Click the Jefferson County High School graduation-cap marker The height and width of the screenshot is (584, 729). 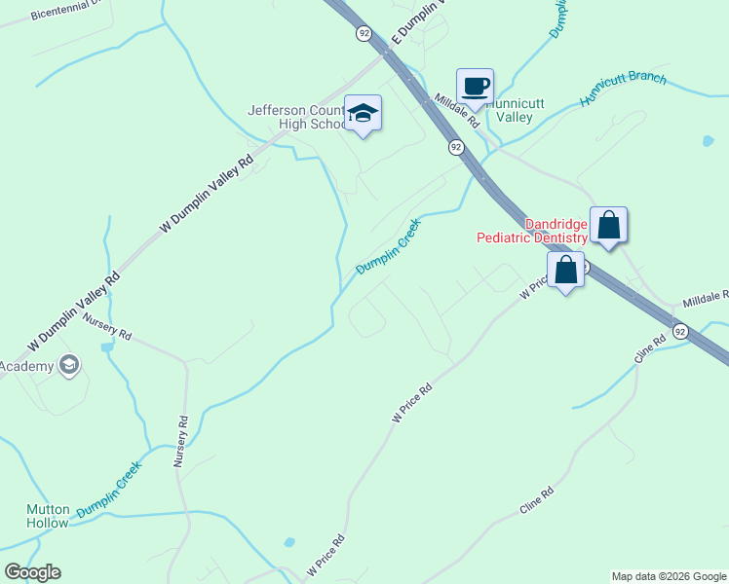point(363,115)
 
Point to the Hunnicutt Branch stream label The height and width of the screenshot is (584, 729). point(624,90)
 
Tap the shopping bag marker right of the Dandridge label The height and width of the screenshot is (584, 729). point(608,225)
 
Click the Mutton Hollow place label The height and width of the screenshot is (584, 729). point(48,516)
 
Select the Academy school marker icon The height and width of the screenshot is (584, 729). point(68,365)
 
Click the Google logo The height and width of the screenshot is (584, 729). point(32,572)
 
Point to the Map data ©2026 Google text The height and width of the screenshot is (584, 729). point(669,576)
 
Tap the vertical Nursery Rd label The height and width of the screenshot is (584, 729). point(180,443)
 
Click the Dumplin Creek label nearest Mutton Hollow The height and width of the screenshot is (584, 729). point(109,488)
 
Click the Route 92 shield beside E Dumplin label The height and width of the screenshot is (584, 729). point(363,33)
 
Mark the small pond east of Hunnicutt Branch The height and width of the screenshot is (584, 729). point(708,141)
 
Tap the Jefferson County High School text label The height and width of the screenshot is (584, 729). point(296,117)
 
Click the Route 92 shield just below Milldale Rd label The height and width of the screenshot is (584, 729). point(455,147)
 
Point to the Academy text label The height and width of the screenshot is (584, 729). point(27,366)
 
